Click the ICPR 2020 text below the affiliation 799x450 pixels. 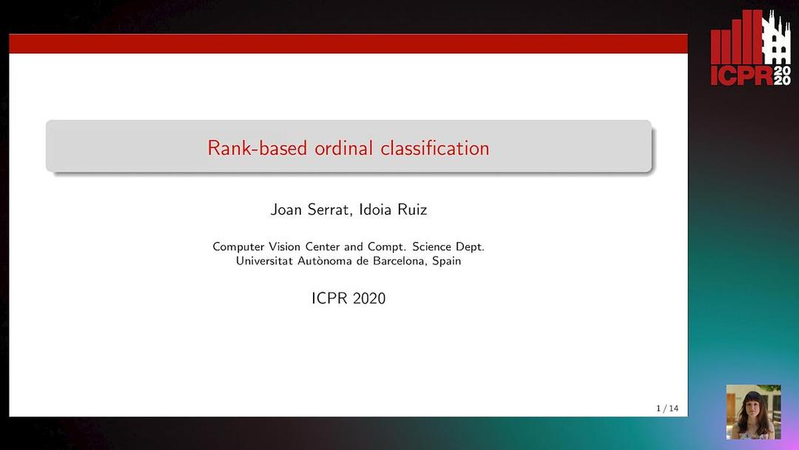click(x=348, y=299)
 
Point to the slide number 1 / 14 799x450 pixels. click(x=667, y=409)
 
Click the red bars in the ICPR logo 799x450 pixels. click(x=736, y=40)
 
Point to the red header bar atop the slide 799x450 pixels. click(x=348, y=44)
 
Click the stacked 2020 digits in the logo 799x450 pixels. click(x=782, y=74)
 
